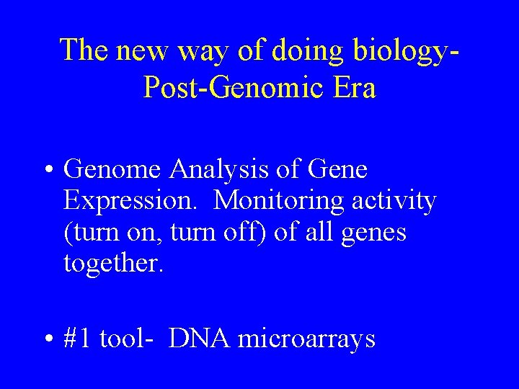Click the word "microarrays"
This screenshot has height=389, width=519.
(x=306, y=339)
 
